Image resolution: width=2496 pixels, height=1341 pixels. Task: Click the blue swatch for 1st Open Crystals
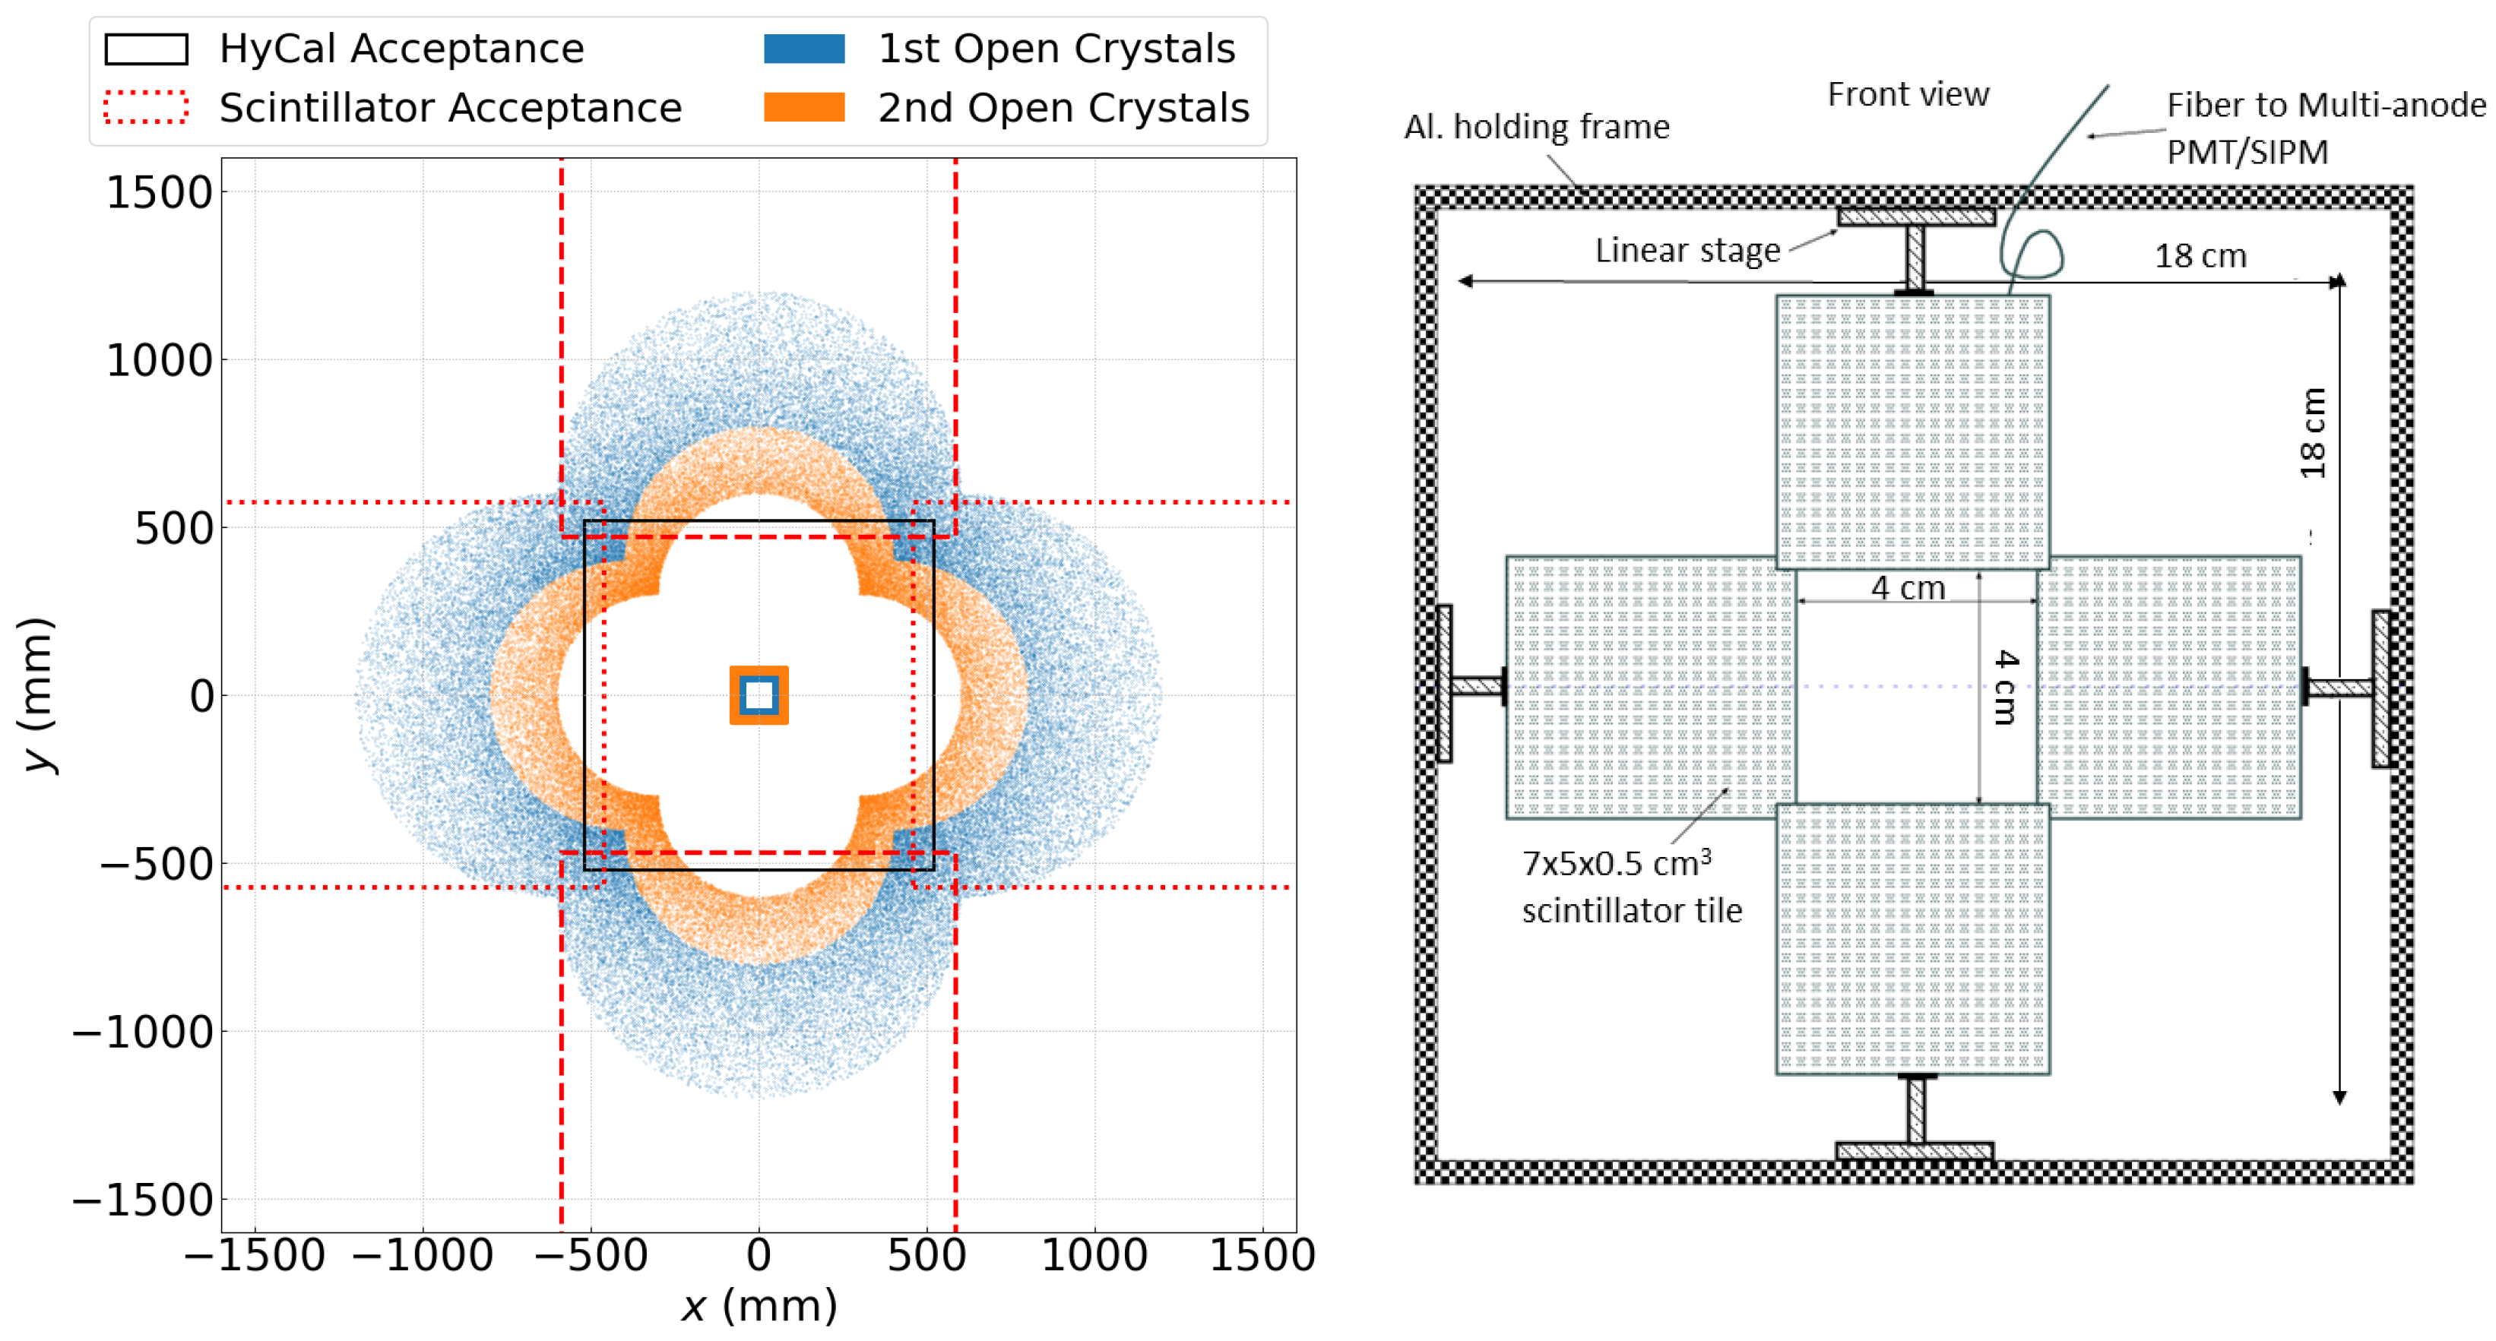point(803,49)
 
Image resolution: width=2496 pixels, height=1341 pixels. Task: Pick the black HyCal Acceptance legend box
point(145,49)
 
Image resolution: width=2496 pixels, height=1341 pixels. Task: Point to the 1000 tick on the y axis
point(159,360)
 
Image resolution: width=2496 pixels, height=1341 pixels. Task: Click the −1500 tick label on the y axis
point(144,1200)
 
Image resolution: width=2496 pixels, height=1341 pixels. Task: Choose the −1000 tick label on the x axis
point(423,1256)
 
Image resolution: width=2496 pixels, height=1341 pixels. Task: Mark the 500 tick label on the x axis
point(926,1256)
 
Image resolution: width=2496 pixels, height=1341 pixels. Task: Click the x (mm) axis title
point(759,1306)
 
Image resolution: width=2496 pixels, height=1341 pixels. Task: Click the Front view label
point(1908,94)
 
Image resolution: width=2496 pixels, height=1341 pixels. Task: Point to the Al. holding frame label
point(1537,127)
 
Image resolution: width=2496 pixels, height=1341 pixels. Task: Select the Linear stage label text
point(1688,250)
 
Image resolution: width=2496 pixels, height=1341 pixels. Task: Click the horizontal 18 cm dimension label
point(2200,256)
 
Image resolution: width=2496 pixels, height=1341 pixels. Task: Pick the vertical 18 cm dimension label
point(2313,433)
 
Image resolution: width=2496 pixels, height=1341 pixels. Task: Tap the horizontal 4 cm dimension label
point(1907,587)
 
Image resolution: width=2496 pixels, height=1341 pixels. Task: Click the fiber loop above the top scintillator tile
point(2035,254)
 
